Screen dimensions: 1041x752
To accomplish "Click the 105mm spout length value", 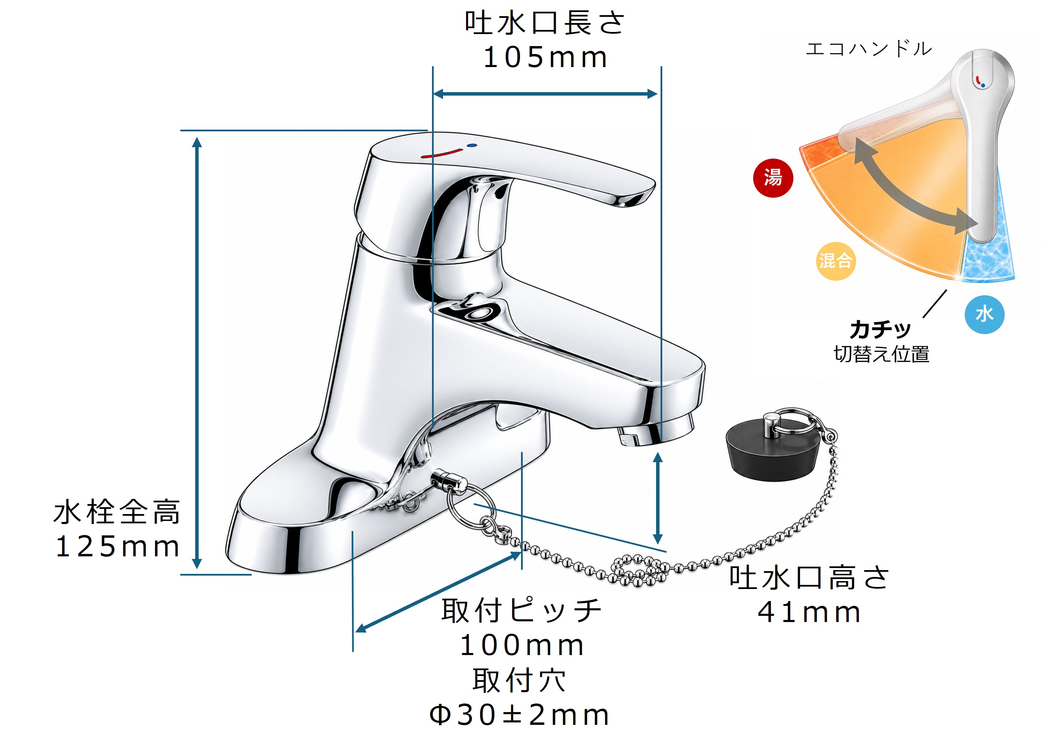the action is point(545,58).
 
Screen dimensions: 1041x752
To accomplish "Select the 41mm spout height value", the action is point(809,612).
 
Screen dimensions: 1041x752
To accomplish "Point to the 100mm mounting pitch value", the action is point(522,645).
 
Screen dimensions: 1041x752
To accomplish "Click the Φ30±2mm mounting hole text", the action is point(519,715).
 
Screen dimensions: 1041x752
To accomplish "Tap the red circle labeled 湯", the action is point(773,178).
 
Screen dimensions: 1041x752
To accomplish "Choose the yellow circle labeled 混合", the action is point(835,261).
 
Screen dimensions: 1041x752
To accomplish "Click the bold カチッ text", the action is point(880,329).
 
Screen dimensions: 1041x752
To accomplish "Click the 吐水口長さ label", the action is point(545,23).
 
